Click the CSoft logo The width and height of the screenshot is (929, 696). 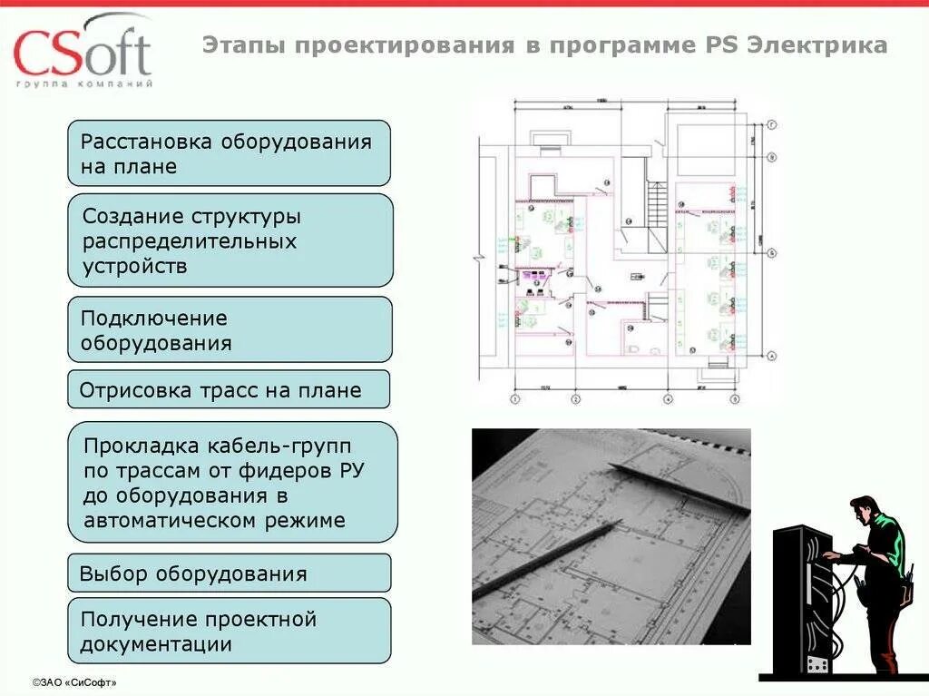pyautogui.click(x=82, y=49)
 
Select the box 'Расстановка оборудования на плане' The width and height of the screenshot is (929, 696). pyautogui.click(x=229, y=153)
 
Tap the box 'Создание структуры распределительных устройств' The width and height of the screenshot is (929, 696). pyautogui.click(x=230, y=240)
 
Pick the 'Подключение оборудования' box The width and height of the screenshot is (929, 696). pyautogui.click(x=230, y=330)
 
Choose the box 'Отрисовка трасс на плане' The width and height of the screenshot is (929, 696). pyautogui.click(x=229, y=390)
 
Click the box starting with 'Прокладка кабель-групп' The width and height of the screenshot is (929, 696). pyautogui.click(x=232, y=483)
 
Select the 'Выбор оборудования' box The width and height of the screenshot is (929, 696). pyautogui.click(x=229, y=573)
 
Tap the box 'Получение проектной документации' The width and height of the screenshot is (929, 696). pyautogui.click(x=229, y=632)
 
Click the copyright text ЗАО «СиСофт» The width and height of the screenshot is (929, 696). pyautogui.click(x=74, y=681)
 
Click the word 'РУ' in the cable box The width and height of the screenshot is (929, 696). pyautogui.click(x=354, y=471)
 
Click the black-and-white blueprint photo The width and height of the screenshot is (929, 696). pyautogui.click(x=611, y=536)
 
